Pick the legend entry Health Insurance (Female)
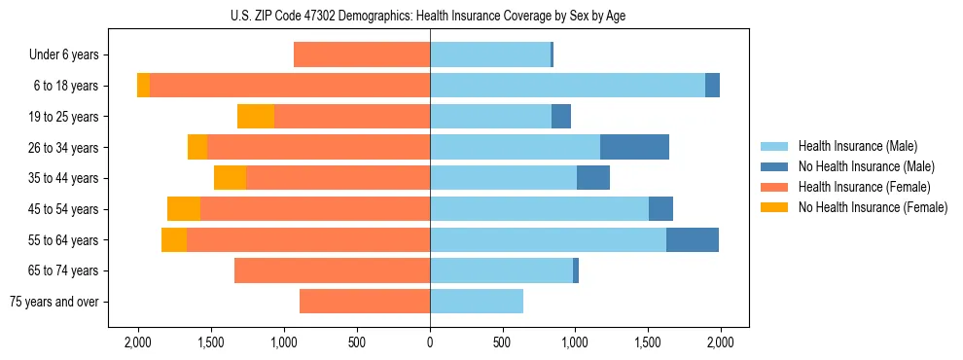coord(856,187)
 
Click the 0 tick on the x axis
coord(430,342)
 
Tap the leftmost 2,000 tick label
coord(138,342)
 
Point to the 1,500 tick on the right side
coord(648,342)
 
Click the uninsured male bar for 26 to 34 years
coord(634,147)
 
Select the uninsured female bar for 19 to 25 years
coord(256,117)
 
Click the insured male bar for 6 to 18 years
coord(567,86)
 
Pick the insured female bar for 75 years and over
coord(365,302)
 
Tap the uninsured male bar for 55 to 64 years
coord(692,239)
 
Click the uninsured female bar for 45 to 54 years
coord(184,209)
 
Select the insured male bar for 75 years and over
coord(477,302)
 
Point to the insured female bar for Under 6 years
coord(362,54)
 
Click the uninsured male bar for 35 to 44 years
coord(593,178)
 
